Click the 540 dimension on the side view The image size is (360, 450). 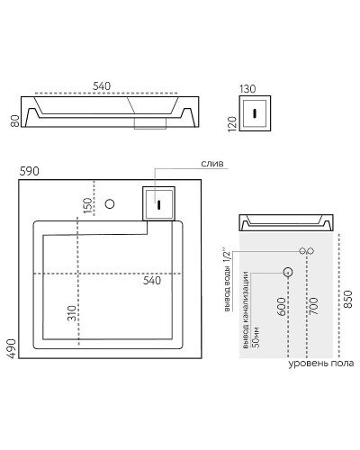coord(102,85)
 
